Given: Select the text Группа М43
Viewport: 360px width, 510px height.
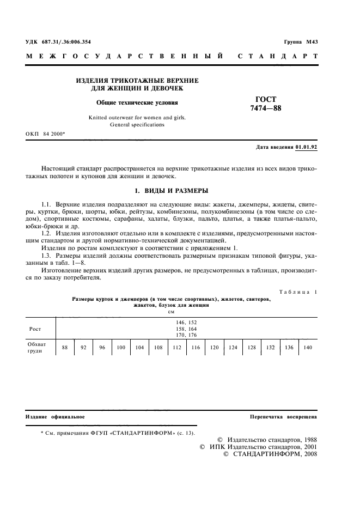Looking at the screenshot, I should point(301,42).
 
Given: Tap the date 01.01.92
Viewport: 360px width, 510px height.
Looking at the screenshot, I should point(307,147).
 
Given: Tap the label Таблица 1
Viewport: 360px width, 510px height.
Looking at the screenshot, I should point(298,292).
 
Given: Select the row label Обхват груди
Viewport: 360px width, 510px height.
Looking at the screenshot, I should point(38,348).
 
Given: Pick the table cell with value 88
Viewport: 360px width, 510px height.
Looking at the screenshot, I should point(65,348).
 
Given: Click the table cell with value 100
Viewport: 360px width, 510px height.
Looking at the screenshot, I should point(121,348).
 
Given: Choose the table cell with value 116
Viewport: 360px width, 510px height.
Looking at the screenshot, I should point(196,348).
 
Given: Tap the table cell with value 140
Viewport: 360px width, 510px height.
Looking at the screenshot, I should point(308,348).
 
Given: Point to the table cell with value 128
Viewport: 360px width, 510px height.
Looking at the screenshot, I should point(252,348).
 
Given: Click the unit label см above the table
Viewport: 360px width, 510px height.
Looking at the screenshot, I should point(171,311).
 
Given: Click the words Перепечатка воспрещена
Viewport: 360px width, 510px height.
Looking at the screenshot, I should point(283,416).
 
